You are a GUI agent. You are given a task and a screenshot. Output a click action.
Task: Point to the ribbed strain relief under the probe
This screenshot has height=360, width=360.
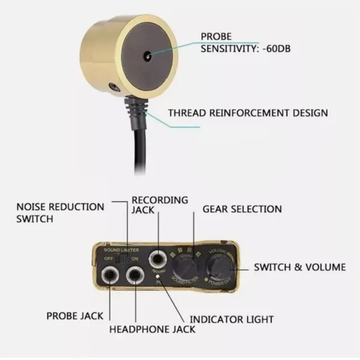(x=135, y=106)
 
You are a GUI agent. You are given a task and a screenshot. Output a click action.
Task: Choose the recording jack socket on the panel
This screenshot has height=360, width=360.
(x=158, y=260)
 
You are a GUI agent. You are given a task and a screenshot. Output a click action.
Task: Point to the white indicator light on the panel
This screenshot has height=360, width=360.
(x=157, y=275)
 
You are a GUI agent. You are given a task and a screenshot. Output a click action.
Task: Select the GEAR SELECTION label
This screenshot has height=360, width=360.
(x=242, y=209)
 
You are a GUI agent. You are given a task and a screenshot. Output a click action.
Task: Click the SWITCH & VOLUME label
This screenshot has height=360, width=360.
(x=300, y=267)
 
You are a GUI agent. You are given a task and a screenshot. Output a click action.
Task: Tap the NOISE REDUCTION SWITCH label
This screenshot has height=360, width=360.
(x=59, y=212)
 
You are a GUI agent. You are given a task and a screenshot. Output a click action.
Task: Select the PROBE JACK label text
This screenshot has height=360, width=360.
(x=75, y=316)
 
